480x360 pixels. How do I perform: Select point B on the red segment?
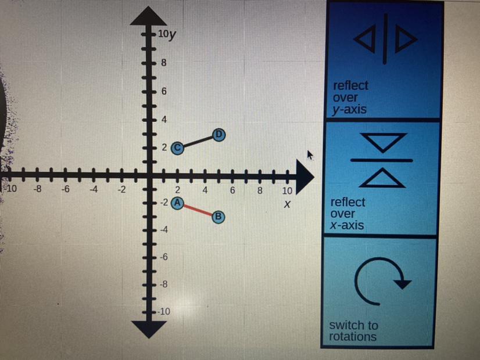pos(218,217)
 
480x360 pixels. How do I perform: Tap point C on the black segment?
pos(178,147)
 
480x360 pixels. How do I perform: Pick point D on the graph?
pos(218,135)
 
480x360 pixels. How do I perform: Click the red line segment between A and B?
pos(198,210)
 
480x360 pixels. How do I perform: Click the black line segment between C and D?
pos(198,141)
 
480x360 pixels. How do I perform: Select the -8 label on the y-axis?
pos(164,285)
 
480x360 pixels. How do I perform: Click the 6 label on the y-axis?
pos(164,91)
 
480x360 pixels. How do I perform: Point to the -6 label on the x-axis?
pos(66,189)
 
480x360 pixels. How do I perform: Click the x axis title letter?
pos(286,205)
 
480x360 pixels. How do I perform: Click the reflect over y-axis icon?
pos(386,39)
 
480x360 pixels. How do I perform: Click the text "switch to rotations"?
pos(353,331)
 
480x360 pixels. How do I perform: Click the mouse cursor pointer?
pos(310,155)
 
